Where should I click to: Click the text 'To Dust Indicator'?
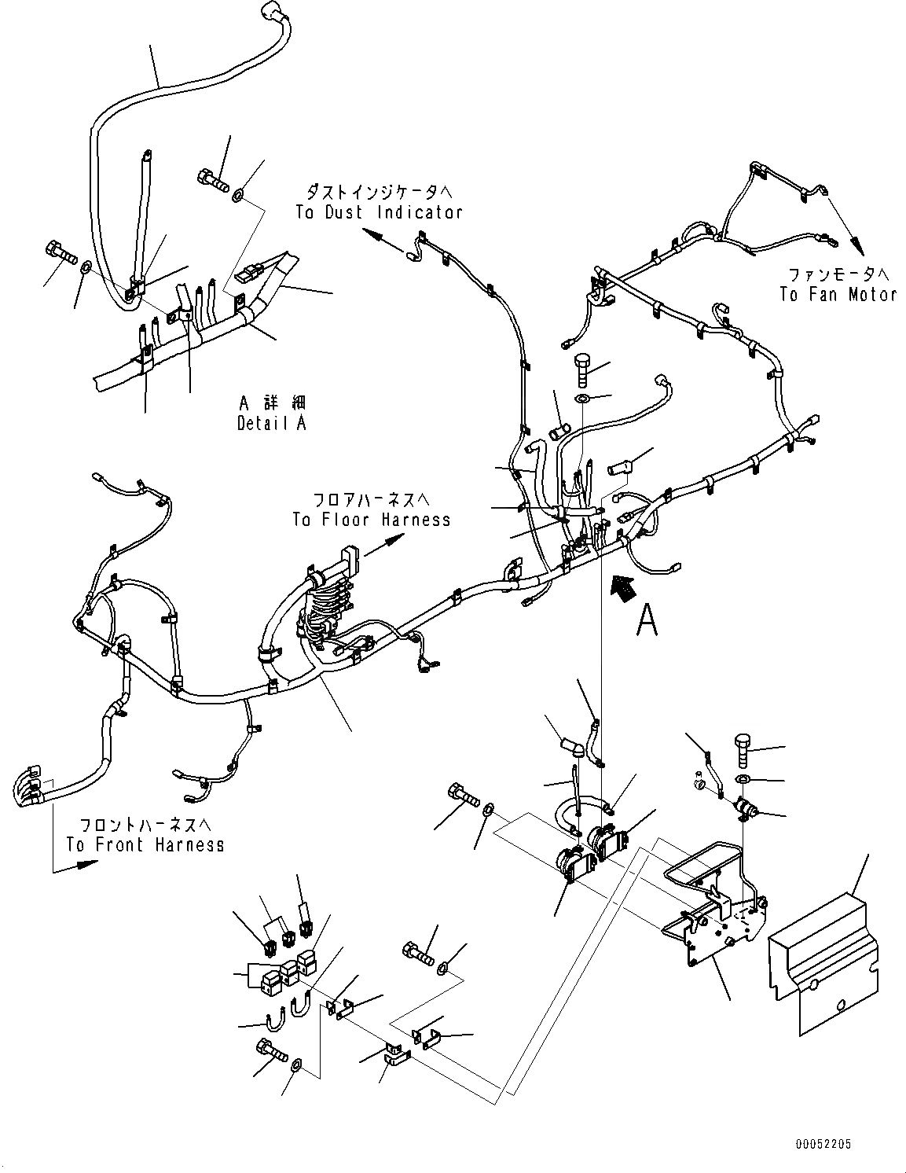tap(379, 212)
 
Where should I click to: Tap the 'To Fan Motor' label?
tap(838, 295)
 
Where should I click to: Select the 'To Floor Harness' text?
tap(372, 520)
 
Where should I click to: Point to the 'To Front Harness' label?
tap(145, 845)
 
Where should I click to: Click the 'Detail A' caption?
tap(272, 423)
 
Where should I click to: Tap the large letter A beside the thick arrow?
tap(647, 620)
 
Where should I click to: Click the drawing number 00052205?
tap(822, 1144)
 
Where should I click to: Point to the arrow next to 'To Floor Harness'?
tap(385, 545)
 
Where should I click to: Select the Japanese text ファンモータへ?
tap(838, 274)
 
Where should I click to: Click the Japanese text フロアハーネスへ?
tap(371, 499)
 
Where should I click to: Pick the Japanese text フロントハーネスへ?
tap(146, 825)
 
